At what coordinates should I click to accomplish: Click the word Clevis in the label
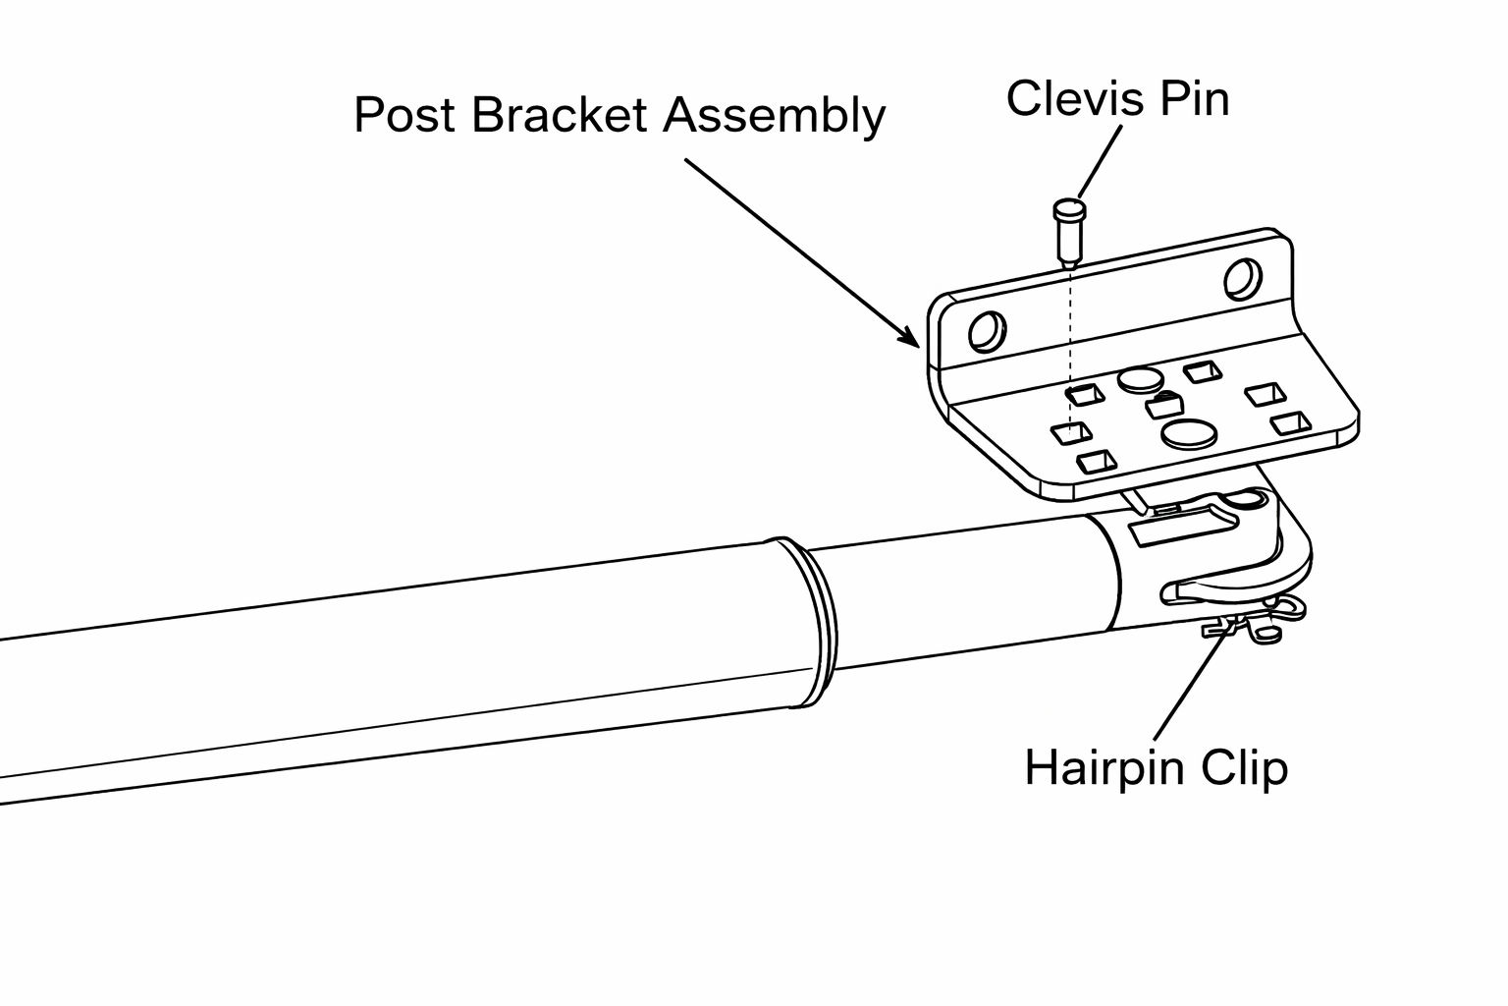[1062, 99]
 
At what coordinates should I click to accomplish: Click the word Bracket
[559, 115]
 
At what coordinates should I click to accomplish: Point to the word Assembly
[775, 117]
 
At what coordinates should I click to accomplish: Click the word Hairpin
[1104, 766]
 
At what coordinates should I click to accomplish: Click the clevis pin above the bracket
[1066, 232]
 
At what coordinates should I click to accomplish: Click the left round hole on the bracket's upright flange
[986, 332]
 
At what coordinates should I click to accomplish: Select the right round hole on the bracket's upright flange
[1242, 279]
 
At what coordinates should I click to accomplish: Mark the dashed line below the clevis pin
[1067, 344]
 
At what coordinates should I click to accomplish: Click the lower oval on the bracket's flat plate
[1188, 433]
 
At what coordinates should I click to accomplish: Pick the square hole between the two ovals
[1163, 405]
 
